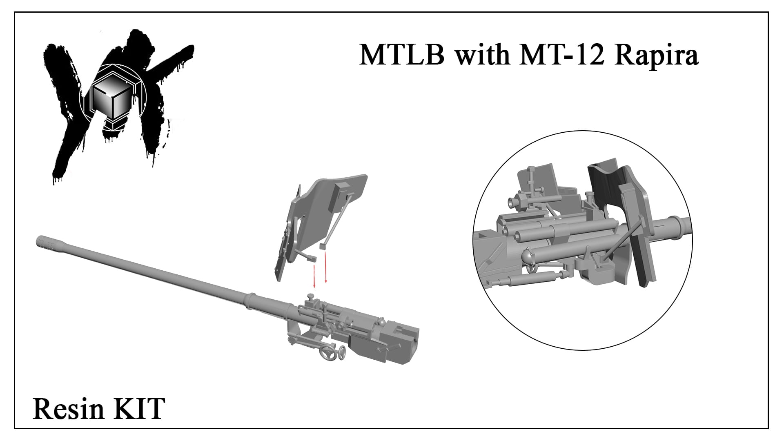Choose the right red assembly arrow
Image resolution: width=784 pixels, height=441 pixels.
[325, 268]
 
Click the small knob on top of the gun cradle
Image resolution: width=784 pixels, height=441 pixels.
[312, 297]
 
